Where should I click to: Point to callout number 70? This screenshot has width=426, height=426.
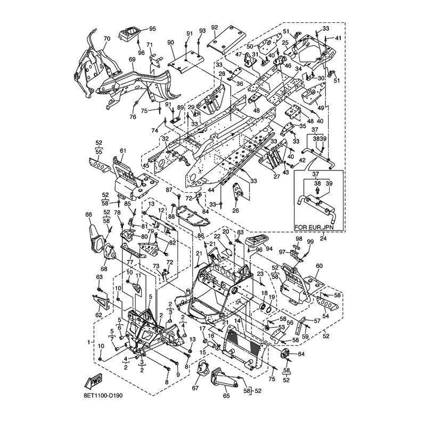coord(106,39)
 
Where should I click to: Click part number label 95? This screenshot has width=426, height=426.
coord(152,28)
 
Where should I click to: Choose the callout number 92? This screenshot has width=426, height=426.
coord(215,27)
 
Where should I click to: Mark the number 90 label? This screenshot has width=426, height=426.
coord(170,42)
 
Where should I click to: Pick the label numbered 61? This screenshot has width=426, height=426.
coord(123,151)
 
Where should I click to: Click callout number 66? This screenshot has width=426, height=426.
coord(89,215)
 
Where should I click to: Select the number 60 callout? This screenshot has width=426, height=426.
coord(319,266)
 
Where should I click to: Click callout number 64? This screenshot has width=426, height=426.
coord(301,354)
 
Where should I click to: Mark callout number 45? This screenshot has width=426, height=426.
coord(145,166)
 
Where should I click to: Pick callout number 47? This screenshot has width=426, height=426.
coord(238,55)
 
